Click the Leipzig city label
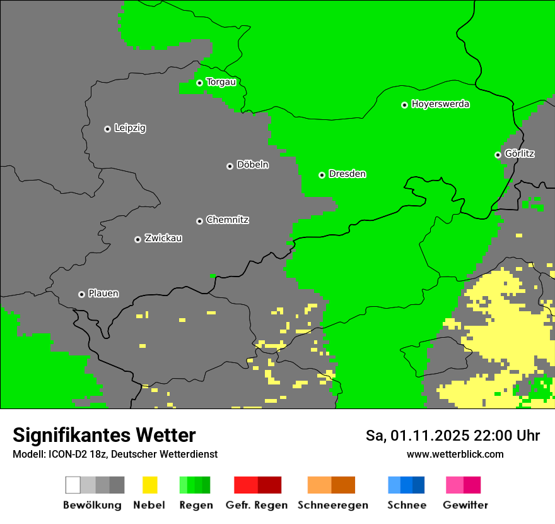pos(130,128)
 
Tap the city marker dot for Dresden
pos(322,175)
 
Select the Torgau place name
pos(221,82)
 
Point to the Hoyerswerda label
pos(440,104)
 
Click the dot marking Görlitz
pos(498,155)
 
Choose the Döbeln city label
pos(252,165)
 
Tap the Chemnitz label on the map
pos(227,220)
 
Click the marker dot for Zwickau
pos(137,239)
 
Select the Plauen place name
pos(103,294)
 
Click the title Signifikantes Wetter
pos(104,435)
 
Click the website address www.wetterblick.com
pos(455,454)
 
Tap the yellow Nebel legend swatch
pos(149,485)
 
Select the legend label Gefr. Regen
pos(257,505)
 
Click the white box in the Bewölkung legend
pos(73,485)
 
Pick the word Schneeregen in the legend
pos(332,505)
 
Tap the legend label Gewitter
pos(465,505)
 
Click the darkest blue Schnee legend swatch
pos(418,485)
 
